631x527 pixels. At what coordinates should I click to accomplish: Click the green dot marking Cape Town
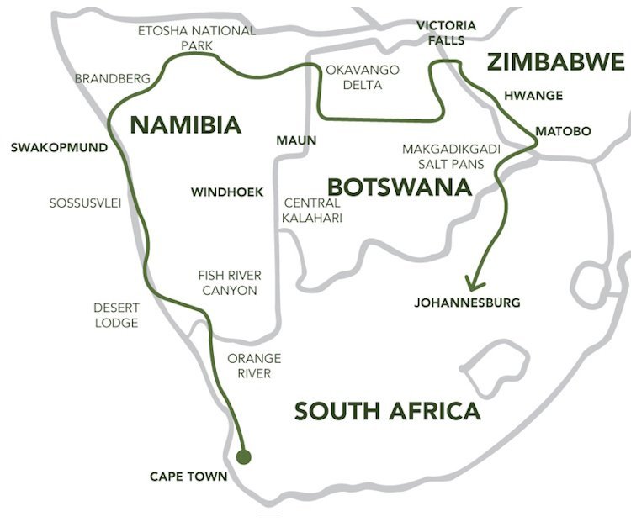pos(244,457)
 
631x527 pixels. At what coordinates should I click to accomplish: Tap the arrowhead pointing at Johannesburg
pos(474,281)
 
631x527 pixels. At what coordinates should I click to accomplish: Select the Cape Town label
pos(188,477)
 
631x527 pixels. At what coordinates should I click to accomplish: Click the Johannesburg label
pos(467,302)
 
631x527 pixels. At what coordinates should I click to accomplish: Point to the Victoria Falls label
pos(446,32)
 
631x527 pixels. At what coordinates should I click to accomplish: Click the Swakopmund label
pos(59,147)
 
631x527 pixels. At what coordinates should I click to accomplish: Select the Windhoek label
pos(226,192)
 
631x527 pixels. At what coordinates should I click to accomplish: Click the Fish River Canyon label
pos(229,282)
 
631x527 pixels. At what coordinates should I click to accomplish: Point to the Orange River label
pos(254,365)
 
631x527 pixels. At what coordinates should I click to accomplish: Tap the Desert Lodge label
pos(115,315)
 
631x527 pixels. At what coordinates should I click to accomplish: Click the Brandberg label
pos(113,78)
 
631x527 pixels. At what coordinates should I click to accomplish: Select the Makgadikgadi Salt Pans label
pos(451,155)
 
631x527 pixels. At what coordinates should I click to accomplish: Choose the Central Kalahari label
pos(312,210)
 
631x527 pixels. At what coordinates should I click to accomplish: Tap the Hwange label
pos(533,95)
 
